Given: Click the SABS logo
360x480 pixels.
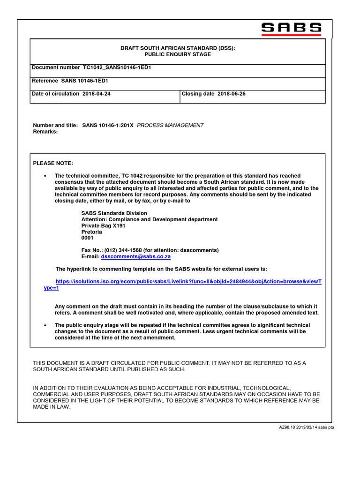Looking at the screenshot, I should tap(291, 29).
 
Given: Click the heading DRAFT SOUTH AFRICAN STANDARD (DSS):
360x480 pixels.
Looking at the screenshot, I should tap(178, 48).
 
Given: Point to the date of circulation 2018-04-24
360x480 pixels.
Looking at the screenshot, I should tap(96, 94).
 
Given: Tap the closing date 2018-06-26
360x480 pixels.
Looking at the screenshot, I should tap(231, 94).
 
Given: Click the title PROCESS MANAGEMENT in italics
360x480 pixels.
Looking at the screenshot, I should tap(170, 125).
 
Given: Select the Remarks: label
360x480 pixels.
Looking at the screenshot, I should tap(45, 132).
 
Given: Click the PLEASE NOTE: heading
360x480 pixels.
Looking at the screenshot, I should tap(53, 163).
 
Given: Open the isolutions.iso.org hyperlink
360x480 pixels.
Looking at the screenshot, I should tap(188, 282).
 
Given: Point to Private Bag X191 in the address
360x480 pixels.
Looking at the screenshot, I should tap(103, 225).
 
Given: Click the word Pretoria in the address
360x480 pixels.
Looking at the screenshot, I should tap(92, 232).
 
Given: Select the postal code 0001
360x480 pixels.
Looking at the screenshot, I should tap(88, 238).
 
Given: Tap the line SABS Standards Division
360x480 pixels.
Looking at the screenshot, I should tap(114, 213).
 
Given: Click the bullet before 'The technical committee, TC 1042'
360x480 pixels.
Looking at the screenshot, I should tap(45, 176).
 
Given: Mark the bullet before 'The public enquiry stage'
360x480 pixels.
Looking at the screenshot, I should tap(45, 325).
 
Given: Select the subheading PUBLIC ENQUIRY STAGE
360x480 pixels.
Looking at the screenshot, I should tap(178, 54).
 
